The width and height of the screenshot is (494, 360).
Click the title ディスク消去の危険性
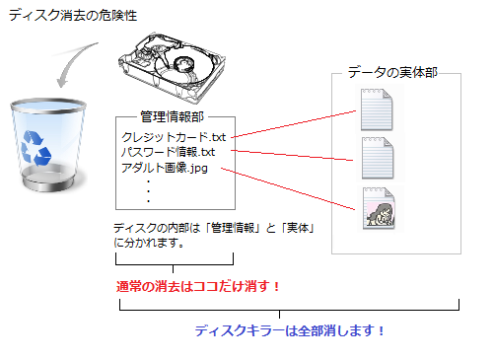point(73,16)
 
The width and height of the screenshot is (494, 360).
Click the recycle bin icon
point(48,145)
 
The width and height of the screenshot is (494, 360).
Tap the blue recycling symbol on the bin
point(35,148)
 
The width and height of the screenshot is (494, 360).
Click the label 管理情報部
point(172,116)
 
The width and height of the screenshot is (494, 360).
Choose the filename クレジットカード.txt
point(174,137)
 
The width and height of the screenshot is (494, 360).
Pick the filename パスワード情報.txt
point(168,152)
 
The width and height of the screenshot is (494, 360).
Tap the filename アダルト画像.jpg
point(165,168)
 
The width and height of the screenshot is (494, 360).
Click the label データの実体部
point(392,72)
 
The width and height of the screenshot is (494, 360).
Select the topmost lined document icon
point(377,109)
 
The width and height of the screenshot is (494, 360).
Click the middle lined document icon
point(378,158)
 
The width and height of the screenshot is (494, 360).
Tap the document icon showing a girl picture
point(379,208)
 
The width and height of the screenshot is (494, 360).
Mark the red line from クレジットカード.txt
point(294,124)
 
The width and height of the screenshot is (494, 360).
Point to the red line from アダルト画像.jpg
point(288,189)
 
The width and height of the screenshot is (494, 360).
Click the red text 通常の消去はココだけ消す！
point(198,286)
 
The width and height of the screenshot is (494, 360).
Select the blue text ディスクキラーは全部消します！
point(289,330)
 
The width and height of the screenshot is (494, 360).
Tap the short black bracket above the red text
point(174,264)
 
